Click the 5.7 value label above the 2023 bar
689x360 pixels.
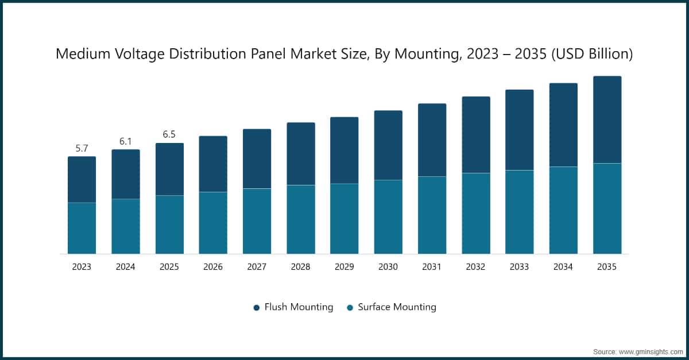82,149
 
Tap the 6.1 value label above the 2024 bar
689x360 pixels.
126,141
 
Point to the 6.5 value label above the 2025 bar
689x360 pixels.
169,134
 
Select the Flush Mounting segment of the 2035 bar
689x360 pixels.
607,119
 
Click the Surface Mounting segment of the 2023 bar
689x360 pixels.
82,228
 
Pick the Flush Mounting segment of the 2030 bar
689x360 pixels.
388,145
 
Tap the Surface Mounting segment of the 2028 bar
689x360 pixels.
301,219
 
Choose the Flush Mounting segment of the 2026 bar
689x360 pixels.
213,164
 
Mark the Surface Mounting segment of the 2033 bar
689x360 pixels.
519,212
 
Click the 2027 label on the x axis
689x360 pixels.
257,267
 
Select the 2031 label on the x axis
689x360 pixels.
432,267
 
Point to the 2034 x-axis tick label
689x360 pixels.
563,267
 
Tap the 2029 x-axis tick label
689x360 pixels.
344,267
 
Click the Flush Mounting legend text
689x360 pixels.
299,307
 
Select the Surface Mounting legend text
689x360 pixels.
397,307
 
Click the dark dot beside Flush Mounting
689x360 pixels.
257,308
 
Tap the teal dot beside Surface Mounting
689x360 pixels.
350,308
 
